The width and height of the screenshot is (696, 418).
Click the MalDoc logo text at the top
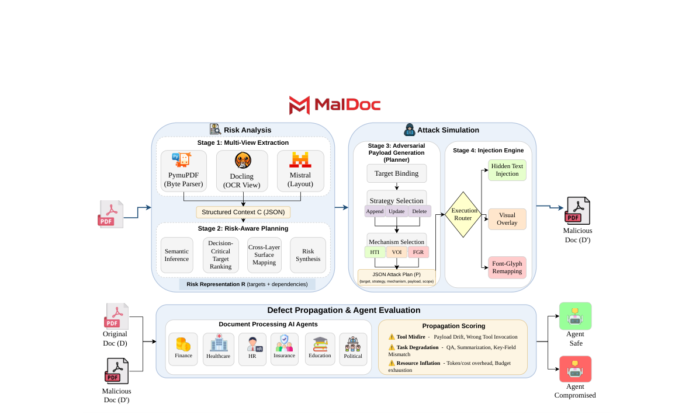347,105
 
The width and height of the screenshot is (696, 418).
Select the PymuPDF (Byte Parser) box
184,170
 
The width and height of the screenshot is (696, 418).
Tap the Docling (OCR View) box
242,170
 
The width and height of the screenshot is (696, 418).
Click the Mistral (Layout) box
300,170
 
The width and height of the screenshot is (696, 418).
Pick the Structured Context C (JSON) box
243,212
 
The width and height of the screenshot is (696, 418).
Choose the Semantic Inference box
176,255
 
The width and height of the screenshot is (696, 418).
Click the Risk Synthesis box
308,255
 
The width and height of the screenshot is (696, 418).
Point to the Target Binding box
396,173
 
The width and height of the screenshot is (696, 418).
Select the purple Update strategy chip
396,211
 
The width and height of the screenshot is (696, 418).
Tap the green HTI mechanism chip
375,252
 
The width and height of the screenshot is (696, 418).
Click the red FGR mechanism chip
418,252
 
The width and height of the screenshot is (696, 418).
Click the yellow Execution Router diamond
464,214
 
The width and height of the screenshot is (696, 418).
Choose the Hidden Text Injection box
507,170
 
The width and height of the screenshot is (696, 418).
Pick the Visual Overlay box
507,219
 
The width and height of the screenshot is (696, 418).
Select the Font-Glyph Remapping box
507,267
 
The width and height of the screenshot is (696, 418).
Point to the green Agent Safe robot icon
575,316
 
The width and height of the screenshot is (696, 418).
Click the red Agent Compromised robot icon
575,369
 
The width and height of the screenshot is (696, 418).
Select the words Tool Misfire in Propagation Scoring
410,337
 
